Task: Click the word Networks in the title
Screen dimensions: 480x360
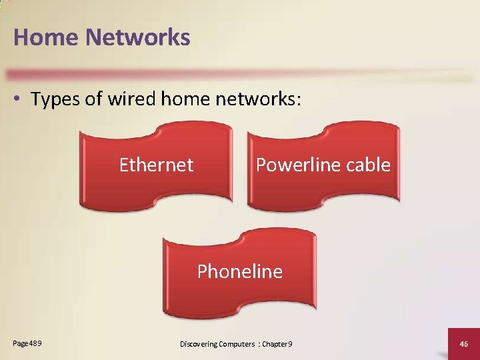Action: [137, 37]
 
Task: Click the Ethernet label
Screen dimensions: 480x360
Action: [156, 165]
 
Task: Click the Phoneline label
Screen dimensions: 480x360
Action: [240, 271]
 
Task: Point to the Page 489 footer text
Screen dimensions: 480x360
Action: [27, 343]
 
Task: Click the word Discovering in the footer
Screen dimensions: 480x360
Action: [198, 344]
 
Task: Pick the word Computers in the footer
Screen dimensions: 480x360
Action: [237, 344]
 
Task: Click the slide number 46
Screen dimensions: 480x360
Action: [465, 343]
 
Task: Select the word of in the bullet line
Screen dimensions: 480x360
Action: [90, 100]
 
